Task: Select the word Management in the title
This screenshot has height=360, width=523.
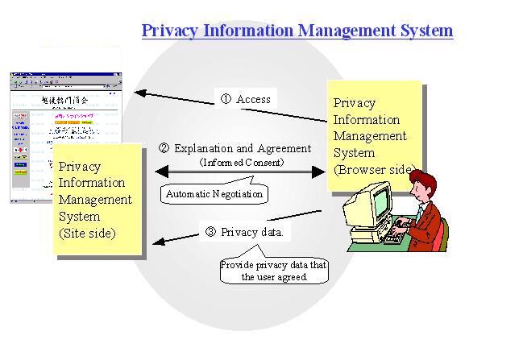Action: point(345,31)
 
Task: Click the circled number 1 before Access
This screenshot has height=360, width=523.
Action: point(226,99)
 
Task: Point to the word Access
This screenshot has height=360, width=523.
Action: point(253,99)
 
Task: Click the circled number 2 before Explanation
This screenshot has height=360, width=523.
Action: point(164,148)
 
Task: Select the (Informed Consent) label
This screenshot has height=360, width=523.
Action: point(242,162)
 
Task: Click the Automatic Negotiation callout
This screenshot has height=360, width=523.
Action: point(214,193)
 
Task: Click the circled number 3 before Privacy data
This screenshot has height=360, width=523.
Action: point(210,233)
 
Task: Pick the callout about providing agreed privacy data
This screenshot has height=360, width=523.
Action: point(264,271)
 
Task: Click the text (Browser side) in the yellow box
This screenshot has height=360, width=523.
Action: point(374,170)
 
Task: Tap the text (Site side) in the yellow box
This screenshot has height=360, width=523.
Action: point(87,233)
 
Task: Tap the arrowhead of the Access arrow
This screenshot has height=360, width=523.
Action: point(139,93)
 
